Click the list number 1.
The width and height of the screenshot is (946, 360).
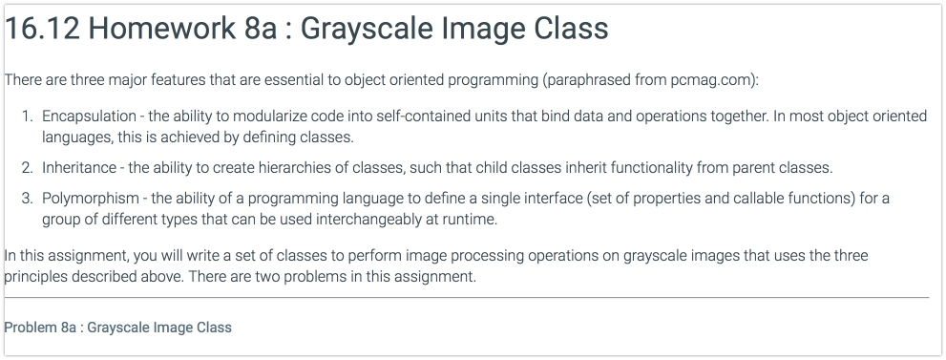27,116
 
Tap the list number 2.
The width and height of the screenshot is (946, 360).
27,168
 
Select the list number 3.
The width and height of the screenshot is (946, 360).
27,199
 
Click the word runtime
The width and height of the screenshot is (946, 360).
472,219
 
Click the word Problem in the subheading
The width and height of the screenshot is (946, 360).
29,328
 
